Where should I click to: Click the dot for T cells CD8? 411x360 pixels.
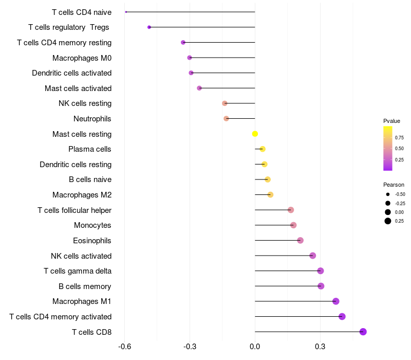(363, 332)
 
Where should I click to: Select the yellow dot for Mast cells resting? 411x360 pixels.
(255, 134)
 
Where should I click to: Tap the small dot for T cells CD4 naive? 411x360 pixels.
(126, 12)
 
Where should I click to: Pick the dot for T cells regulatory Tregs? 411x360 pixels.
(149, 27)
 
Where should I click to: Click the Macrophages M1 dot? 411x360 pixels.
(335, 301)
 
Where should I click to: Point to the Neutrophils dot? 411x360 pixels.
(226, 119)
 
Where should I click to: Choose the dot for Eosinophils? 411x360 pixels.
(300, 241)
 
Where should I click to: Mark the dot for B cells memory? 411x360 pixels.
(321, 286)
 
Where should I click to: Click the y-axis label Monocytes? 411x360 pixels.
(92, 225)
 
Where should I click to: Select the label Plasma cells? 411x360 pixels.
(90, 149)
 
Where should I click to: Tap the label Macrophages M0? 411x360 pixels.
(82, 58)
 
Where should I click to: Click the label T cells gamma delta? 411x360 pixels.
(78, 271)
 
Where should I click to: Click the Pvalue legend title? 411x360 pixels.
(391, 121)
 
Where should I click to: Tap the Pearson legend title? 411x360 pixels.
(394, 185)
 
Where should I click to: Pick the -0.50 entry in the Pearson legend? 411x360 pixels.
(400, 194)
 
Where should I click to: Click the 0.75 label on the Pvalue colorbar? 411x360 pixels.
(399, 137)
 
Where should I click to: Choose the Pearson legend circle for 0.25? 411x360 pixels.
(388, 221)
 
